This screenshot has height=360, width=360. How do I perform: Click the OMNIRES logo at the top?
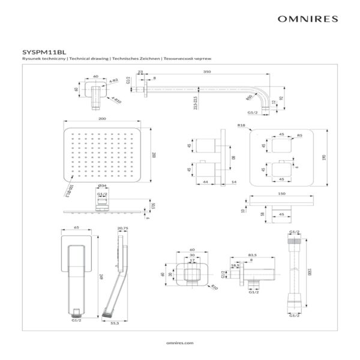click(x=309, y=18)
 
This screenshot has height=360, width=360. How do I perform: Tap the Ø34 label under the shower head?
click(x=102, y=187)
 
